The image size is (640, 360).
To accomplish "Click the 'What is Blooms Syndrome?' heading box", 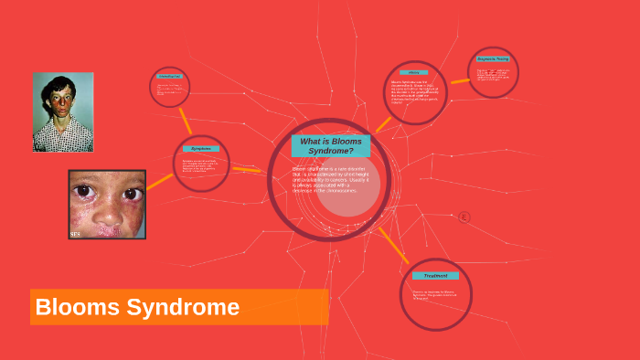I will (x=331, y=145).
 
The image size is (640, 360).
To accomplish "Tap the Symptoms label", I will (x=201, y=148).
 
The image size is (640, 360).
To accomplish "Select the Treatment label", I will (x=435, y=275).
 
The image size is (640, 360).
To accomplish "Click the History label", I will (x=413, y=72).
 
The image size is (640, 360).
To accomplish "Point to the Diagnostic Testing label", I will (x=493, y=58).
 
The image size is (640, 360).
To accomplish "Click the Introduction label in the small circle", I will (x=170, y=77).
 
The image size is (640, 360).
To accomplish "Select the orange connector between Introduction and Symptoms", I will (x=186, y=120).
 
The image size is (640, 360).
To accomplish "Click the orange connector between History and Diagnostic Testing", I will (x=460, y=81).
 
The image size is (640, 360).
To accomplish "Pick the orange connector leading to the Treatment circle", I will (x=393, y=245).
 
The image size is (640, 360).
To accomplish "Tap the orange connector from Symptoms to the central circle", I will (x=247, y=169).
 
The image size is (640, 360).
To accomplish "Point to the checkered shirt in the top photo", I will (x=63, y=136).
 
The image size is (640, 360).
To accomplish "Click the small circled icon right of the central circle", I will (x=464, y=217).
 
